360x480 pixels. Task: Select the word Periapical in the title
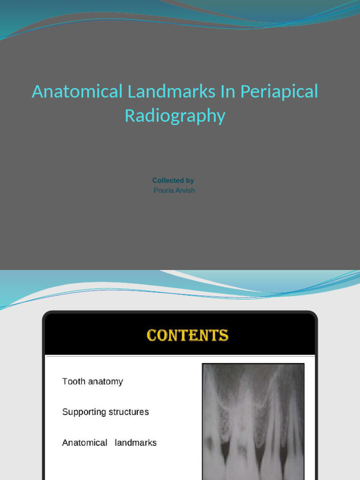coord(279,91)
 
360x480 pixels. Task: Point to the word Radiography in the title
coord(175,116)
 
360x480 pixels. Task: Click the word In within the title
coord(228,91)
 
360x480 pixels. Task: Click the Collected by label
coord(173,180)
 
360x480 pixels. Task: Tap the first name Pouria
coord(164,190)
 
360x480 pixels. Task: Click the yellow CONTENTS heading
coord(187,336)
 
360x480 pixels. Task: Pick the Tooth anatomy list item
coord(92,382)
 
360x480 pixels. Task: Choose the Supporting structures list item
coord(105,412)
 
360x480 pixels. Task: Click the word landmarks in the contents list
coord(135,442)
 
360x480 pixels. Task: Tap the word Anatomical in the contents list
coord(85,442)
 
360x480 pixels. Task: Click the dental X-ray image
coord(253,422)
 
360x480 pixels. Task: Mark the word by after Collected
coord(189,180)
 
